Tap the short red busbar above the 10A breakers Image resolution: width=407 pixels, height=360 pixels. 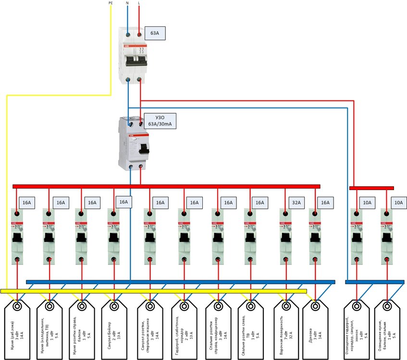(371, 188)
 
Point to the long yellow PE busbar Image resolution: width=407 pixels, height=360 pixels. (154, 291)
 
